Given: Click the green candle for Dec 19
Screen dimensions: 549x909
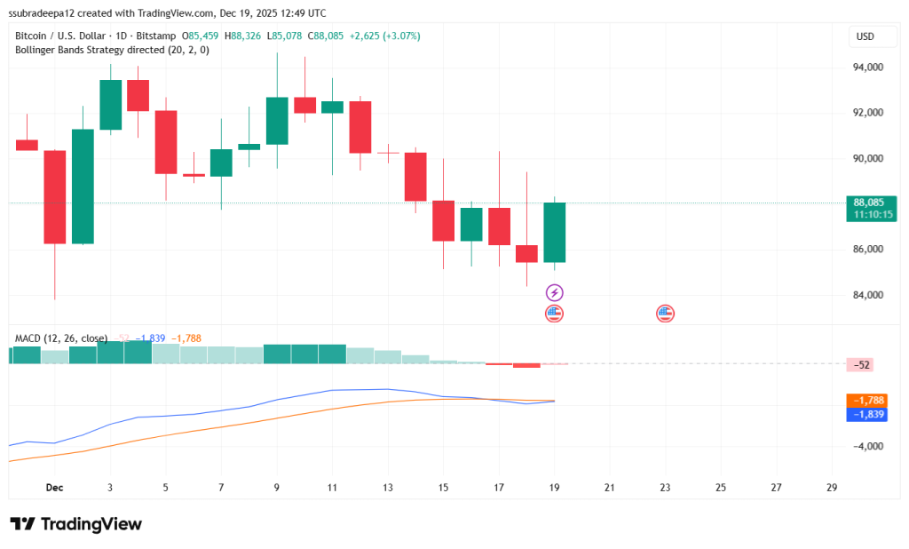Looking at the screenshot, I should (x=555, y=233).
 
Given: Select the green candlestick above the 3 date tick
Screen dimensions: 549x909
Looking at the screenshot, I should (x=110, y=104).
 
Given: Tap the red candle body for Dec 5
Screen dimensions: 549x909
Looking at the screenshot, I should (x=166, y=142).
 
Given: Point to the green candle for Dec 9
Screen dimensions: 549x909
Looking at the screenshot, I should (x=277, y=121).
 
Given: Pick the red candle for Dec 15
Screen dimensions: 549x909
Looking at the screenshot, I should (x=443, y=220).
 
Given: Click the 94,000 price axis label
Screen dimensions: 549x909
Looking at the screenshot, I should (x=867, y=68).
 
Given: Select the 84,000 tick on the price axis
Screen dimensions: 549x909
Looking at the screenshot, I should (x=867, y=295).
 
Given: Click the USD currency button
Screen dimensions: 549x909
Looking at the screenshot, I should (x=864, y=36).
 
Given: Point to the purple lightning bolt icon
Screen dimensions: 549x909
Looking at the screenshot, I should (x=555, y=292).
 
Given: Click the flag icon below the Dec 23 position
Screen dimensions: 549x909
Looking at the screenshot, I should (x=665, y=313).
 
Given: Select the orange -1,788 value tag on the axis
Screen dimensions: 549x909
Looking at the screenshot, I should (x=866, y=401).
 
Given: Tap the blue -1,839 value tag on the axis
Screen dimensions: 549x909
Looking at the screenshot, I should (x=866, y=414).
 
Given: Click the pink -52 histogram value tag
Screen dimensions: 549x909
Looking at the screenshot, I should (x=862, y=364).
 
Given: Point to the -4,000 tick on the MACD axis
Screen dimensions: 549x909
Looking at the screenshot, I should (x=866, y=446).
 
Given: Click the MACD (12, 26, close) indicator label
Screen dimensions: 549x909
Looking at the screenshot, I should (x=61, y=338).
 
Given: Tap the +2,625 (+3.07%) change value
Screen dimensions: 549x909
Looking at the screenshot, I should (x=385, y=36).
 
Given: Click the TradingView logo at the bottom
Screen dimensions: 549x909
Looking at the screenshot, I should (x=75, y=524).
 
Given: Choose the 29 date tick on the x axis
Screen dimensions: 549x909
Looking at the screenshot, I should (x=831, y=488).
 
